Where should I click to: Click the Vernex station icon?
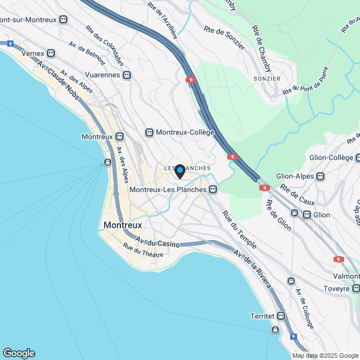(51, 53)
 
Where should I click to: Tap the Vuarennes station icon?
(127, 74)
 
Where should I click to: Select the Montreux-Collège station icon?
(149, 132)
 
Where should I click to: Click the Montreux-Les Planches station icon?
(213, 190)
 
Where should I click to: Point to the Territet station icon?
(280, 316)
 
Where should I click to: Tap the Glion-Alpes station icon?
(321, 176)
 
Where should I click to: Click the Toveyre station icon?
(356, 289)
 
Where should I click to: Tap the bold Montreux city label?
(123, 225)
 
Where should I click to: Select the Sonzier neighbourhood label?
(267, 79)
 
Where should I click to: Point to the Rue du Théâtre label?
(143, 251)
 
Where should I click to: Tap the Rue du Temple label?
(240, 230)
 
